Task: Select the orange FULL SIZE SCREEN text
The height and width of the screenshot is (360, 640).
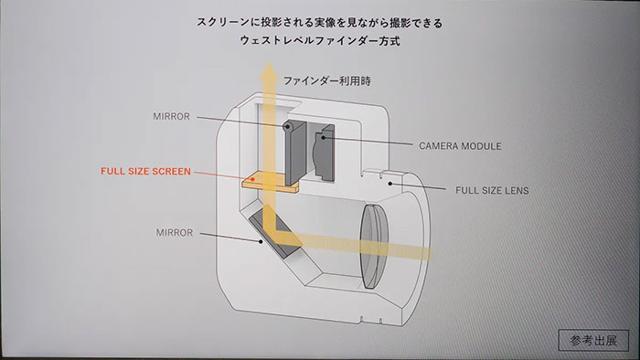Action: click(145, 171)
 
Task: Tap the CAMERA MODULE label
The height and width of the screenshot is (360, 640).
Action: click(461, 145)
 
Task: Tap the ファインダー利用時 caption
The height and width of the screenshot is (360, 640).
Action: click(322, 81)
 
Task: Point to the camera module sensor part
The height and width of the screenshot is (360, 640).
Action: click(322, 149)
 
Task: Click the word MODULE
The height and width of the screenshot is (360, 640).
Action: click(481, 145)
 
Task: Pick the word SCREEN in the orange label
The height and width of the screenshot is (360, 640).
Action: click(167, 171)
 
